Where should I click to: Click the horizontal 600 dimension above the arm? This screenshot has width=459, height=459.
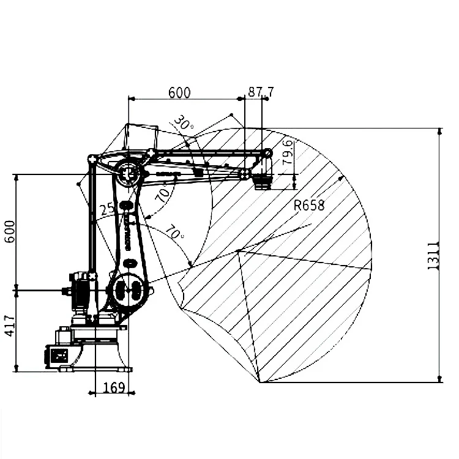[179, 92]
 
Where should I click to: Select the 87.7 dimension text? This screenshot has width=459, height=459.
[261, 92]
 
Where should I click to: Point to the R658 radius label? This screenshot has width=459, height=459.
[309, 205]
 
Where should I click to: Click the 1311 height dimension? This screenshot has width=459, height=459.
[433, 256]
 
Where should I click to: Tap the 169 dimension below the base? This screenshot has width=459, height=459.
[114, 387]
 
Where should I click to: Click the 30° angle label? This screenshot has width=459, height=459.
[183, 124]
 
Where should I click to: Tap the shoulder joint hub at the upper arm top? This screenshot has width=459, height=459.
[129, 174]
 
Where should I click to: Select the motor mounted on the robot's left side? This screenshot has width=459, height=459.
[80, 289]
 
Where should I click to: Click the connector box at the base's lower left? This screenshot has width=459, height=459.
[59, 355]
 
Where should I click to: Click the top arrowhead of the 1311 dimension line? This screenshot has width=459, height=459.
[439, 130]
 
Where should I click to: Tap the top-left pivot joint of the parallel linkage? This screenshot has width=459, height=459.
[92, 159]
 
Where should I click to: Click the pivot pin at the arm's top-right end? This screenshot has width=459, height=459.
[267, 153]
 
